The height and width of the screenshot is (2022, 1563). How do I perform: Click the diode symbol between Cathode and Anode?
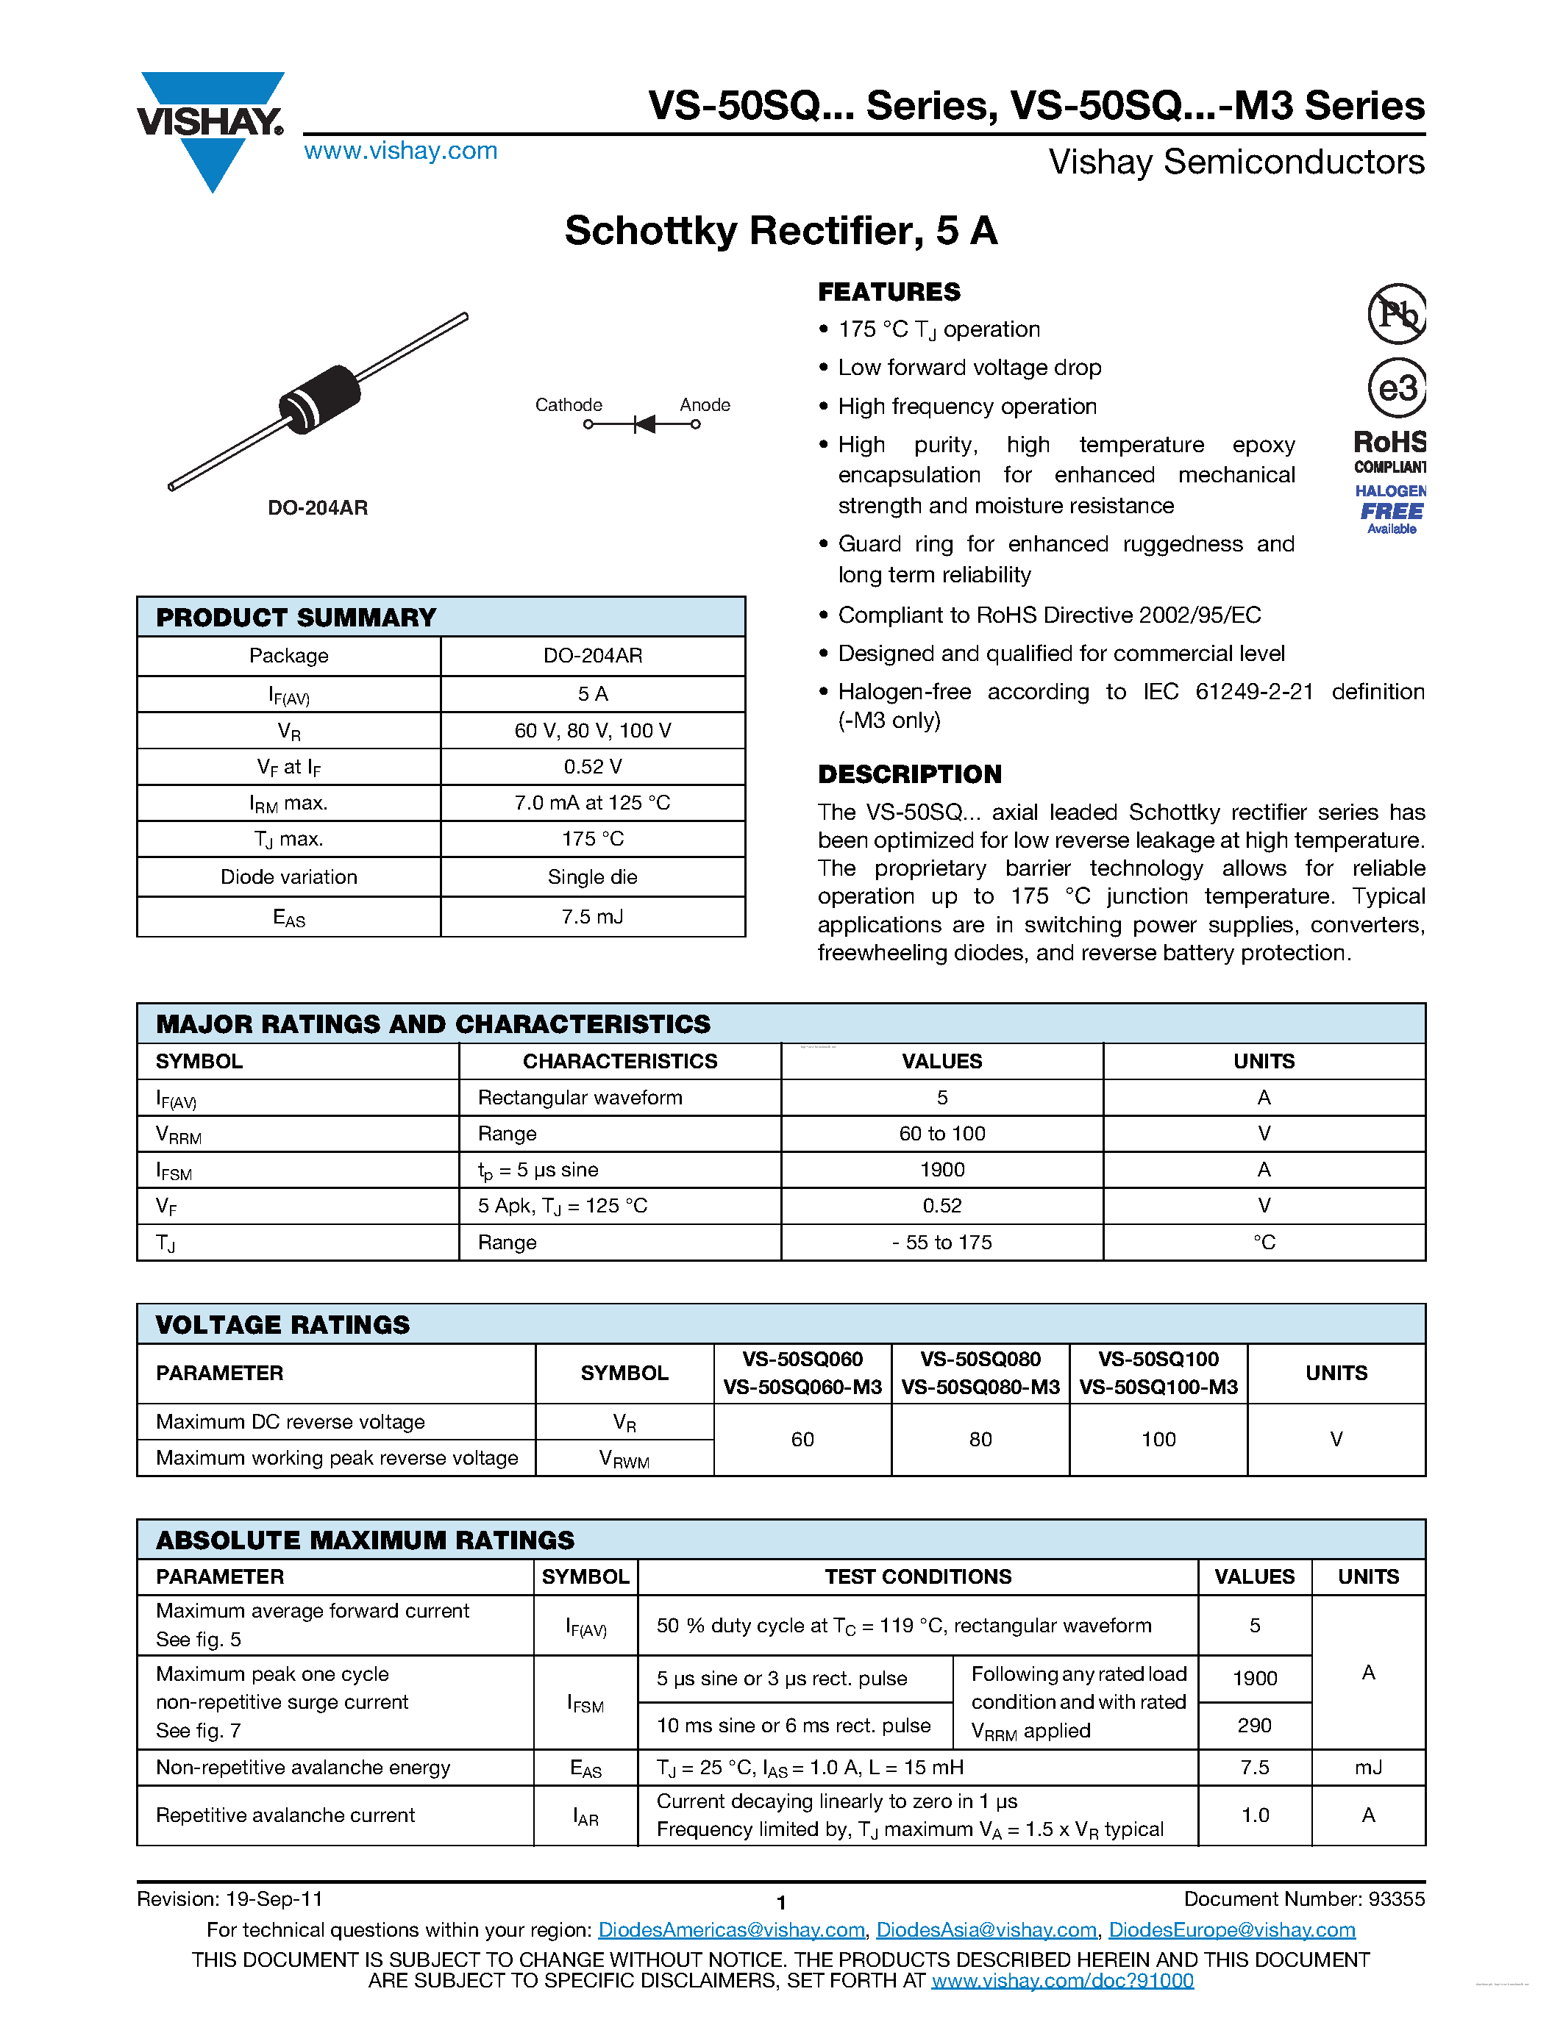[644, 424]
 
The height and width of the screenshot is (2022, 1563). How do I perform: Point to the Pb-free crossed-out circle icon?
[1396, 314]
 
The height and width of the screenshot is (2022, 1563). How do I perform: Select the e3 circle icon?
[1396, 388]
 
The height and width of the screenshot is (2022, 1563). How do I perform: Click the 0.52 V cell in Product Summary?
[593, 767]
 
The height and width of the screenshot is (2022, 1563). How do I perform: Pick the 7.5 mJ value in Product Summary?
[593, 917]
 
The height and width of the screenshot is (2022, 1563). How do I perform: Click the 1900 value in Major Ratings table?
[941, 1169]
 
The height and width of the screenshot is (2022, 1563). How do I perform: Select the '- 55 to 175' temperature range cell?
[941, 1243]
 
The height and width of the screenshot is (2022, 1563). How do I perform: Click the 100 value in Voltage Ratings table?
[1158, 1440]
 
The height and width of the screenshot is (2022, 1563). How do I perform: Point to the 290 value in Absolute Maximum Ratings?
[1254, 1726]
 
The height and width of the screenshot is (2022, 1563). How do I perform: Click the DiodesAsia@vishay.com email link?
[986, 1930]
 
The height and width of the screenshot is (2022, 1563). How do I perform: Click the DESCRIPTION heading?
[909, 774]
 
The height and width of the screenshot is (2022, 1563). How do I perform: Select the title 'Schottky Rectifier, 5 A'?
[780, 231]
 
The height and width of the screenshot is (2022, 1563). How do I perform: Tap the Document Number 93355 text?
[1304, 1900]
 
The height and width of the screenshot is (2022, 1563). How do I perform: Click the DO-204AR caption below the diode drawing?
[318, 507]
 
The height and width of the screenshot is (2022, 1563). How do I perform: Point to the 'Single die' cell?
[593, 876]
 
